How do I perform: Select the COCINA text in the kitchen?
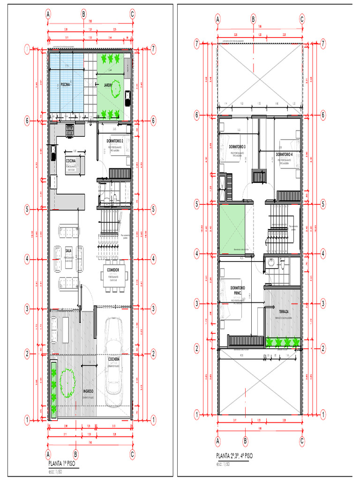[x=72, y=160]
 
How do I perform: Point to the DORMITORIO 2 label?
[x=114, y=141]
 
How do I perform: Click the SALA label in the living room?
[x=68, y=251]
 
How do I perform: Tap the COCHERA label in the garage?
[x=114, y=359]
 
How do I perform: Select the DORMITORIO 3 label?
[x=238, y=147]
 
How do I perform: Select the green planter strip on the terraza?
[x=283, y=343]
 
